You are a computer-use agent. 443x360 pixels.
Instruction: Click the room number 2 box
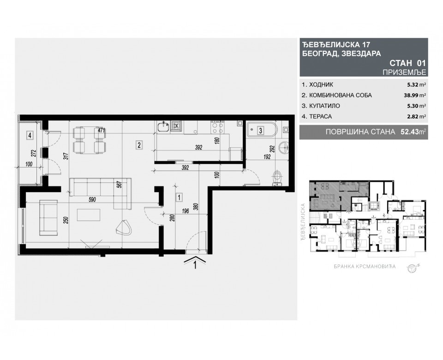[139, 145]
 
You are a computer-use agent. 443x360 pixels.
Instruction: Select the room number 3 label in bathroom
[260, 131]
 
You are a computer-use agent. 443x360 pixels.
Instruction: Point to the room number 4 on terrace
[30, 136]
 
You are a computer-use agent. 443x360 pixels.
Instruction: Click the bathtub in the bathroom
[261, 131]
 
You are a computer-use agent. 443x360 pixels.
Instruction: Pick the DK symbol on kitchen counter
[176, 125]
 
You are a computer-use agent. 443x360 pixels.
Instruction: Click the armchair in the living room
[124, 227]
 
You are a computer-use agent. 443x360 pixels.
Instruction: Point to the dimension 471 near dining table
[102, 131]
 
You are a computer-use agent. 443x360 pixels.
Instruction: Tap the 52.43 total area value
[408, 132]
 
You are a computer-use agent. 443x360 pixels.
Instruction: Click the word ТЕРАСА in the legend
[316, 117]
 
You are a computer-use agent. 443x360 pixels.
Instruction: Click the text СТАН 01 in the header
[407, 62]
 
